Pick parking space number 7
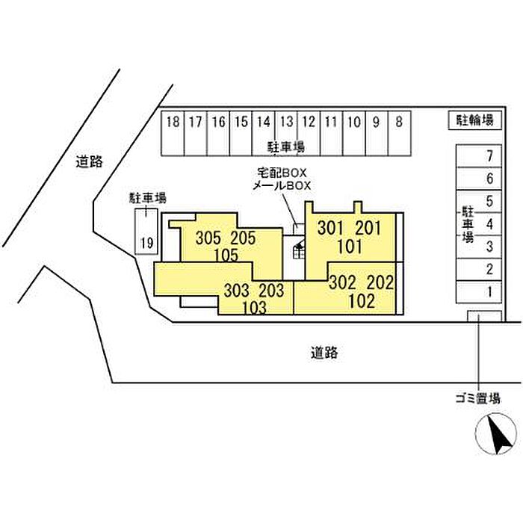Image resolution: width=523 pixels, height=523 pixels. (489, 156)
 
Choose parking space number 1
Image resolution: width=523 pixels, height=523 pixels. (489, 291)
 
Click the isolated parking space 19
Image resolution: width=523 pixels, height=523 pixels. (146, 241)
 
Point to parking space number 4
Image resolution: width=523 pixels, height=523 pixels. (489, 223)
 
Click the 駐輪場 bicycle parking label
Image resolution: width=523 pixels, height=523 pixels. (474, 120)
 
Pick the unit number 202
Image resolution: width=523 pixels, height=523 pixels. (379, 285)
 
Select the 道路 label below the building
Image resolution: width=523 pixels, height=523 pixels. (324, 353)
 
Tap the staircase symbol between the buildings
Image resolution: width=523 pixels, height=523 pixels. (299, 248)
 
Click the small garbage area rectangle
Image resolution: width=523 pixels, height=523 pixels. (483, 316)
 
